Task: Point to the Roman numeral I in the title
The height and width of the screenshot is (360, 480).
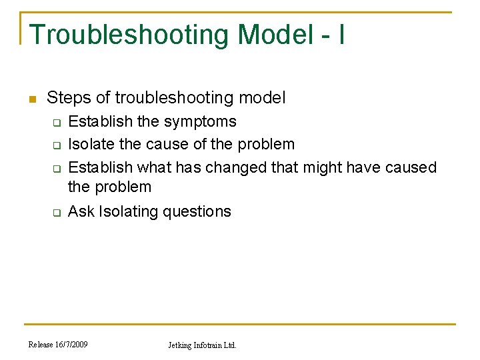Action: pyautogui.click(x=341, y=35)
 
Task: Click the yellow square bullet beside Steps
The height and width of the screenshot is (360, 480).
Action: pyautogui.click(x=31, y=99)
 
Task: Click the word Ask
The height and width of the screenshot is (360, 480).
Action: pyautogui.click(x=81, y=211)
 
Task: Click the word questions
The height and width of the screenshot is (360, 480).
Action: pyautogui.click(x=201, y=212)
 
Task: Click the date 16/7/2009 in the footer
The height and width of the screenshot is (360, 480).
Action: pyautogui.click(x=71, y=345)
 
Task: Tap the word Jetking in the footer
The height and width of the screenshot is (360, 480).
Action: pyautogui.click(x=180, y=345)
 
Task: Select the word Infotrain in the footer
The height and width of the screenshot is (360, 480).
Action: pyautogui.click(x=209, y=345)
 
